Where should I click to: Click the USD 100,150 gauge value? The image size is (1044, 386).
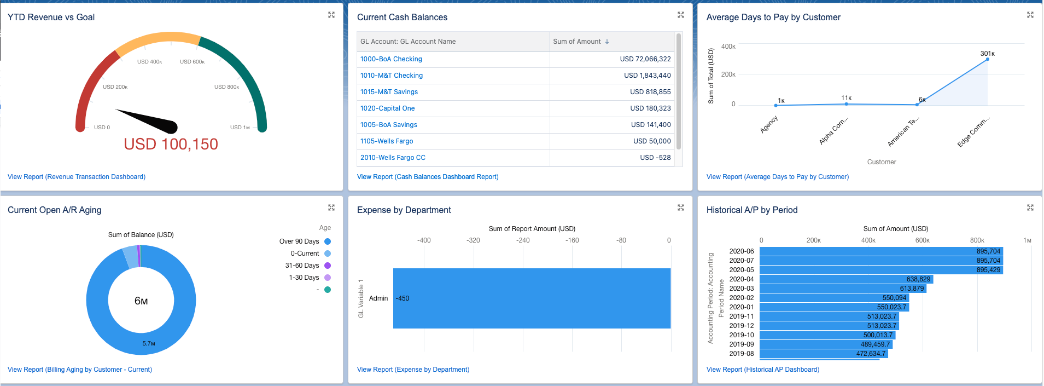[x=171, y=144]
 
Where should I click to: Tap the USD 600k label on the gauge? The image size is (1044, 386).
[x=192, y=62]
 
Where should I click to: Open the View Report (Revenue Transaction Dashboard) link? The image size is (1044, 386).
[x=77, y=177]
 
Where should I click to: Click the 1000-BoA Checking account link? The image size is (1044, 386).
[x=391, y=59]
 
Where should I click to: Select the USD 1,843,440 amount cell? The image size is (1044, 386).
[x=647, y=76]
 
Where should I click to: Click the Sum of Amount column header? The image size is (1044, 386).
[x=577, y=42]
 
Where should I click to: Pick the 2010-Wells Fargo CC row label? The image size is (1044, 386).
[x=393, y=158]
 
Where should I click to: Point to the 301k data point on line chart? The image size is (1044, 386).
[x=987, y=59]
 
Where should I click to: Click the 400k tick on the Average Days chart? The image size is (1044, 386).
[x=728, y=47]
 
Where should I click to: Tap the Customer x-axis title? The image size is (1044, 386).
[x=881, y=162]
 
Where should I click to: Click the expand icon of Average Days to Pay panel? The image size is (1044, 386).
[x=1030, y=15]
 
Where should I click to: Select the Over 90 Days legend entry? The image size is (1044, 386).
[x=299, y=241]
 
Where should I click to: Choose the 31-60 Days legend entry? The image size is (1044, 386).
[x=302, y=266]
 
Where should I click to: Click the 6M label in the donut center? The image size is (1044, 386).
[x=141, y=301]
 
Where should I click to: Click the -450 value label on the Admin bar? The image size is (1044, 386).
[x=403, y=298]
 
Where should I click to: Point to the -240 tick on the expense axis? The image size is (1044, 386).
[x=523, y=240]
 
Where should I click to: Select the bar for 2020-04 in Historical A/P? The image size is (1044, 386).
[x=845, y=279]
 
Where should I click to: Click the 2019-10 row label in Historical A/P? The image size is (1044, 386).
[x=741, y=335]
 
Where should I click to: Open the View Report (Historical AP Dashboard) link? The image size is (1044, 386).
[x=762, y=370]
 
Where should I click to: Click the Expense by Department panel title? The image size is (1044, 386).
[x=404, y=210]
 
